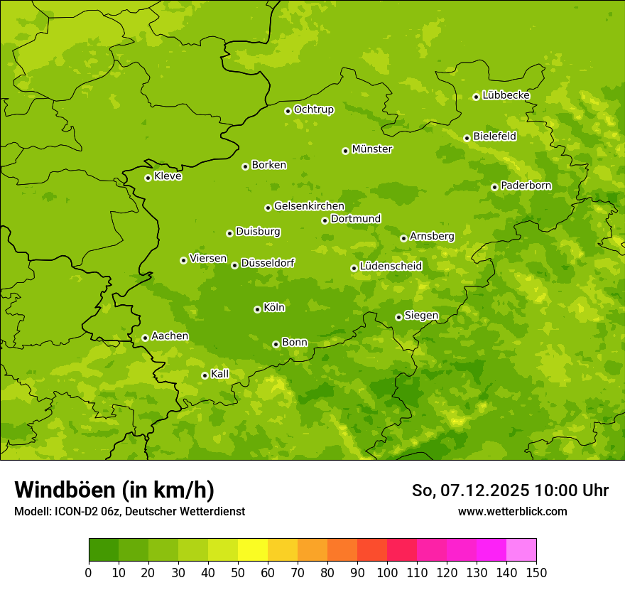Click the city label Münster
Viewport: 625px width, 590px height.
pos(372,149)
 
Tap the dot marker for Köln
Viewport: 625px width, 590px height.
pos(257,309)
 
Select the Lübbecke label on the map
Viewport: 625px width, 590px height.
pos(506,95)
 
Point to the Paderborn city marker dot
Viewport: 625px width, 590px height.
pos(494,187)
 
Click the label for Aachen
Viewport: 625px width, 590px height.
pos(170,336)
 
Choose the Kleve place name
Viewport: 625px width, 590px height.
pos(168,176)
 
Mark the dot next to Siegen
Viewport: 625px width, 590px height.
pos(398,317)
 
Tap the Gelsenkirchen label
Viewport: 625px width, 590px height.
pos(309,206)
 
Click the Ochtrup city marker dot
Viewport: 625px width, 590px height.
pos(288,110)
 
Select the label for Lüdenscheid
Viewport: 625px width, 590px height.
pos(391,267)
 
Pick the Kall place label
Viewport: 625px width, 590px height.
pos(220,374)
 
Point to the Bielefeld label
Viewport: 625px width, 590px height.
pos(494,136)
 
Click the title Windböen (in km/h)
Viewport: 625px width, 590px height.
pos(114,490)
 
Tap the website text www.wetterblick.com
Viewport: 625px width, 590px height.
pos(512,511)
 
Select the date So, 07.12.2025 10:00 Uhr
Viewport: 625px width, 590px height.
pos(510,490)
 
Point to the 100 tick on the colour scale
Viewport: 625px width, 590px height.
pos(387,572)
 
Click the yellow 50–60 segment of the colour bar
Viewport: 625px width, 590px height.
pos(253,550)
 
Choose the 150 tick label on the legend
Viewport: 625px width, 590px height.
pos(536,572)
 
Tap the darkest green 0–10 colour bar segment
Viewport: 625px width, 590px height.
pos(104,550)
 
